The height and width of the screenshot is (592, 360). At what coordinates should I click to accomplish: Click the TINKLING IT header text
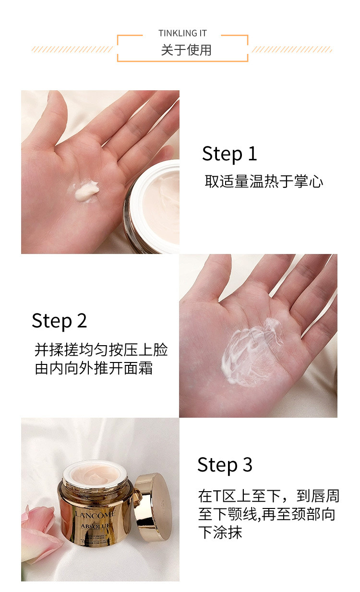pos(182,33)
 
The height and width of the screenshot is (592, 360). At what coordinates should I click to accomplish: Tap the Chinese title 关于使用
pos(186,50)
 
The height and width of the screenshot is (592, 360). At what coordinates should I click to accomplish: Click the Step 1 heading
pos(229,154)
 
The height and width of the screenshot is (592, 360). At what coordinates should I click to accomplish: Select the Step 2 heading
pos(60,321)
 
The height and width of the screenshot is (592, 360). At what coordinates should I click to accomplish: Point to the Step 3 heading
pos(225,465)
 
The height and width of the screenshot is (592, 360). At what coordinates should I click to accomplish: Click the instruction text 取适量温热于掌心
pos(264,181)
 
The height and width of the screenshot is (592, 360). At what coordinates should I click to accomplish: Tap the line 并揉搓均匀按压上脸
pos(101,350)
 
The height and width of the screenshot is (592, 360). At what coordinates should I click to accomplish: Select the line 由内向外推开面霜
pos(94,369)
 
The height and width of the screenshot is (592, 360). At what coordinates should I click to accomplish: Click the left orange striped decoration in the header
pos(72,49)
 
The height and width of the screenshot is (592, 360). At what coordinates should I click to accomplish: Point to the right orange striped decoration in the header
pos(292,49)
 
